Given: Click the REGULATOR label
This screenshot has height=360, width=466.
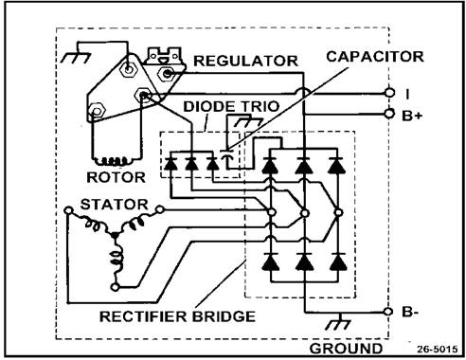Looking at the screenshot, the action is click(x=245, y=61).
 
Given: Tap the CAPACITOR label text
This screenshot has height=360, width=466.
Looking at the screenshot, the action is click(x=375, y=57).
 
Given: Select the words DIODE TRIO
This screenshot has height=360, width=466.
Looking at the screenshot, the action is click(x=231, y=106).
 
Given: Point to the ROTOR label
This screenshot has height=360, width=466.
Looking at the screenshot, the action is click(x=116, y=177).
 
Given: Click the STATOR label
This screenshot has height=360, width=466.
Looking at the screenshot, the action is click(x=115, y=205).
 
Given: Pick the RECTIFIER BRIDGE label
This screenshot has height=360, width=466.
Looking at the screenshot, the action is click(x=177, y=316).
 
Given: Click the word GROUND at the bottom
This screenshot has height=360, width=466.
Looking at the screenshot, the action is click(x=346, y=349).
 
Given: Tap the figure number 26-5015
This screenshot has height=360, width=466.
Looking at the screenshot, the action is click(x=437, y=349).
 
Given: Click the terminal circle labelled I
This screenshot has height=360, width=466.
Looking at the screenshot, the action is click(x=390, y=93).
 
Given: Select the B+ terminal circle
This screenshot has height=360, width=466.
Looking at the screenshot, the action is click(x=390, y=114).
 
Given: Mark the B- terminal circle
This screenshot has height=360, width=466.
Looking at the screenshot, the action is click(x=388, y=312).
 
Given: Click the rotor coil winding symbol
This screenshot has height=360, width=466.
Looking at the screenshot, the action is click(x=114, y=161).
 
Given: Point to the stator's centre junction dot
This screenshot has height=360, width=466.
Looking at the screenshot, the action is click(x=115, y=235).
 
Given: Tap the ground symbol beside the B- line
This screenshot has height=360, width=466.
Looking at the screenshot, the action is click(x=339, y=323).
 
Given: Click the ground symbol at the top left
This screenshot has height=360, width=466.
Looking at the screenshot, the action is click(x=76, y=57).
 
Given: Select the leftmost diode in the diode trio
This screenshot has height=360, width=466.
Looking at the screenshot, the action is click(x=170, y=164).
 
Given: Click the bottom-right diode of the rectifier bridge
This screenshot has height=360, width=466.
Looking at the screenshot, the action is click(x=338, y=262).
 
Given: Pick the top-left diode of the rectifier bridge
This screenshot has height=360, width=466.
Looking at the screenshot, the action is click(x=271, y=165).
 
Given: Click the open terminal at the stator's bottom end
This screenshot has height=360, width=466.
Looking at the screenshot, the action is click(x=116, y=287).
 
